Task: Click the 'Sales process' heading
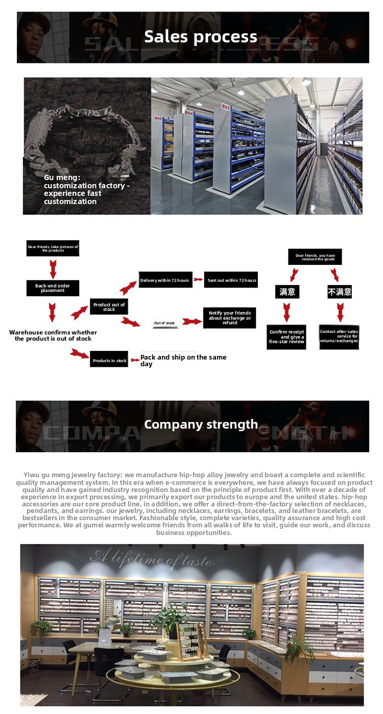tap(200, 37)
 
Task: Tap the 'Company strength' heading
tap(201, 425)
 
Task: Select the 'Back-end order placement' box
tap(53, 288)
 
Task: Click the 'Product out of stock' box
tap(109, 307)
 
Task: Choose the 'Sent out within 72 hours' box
tap(230, 280)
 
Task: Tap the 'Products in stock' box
tap(109, 360)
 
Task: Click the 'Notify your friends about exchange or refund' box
tap(230, 318)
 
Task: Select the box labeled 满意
tap(287, 292)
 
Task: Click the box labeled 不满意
tap(340, 292)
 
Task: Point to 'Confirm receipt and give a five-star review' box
tap(286, 338)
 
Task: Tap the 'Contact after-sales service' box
tap(339, 338)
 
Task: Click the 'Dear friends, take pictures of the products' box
tap(53, 249)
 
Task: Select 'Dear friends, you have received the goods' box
tap(315, 257)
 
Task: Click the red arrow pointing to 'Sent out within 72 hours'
tap(198, 280)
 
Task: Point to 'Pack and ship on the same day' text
tap(183, 360)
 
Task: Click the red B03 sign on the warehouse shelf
tap(225, 106)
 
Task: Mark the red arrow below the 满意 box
tap(286, 311)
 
